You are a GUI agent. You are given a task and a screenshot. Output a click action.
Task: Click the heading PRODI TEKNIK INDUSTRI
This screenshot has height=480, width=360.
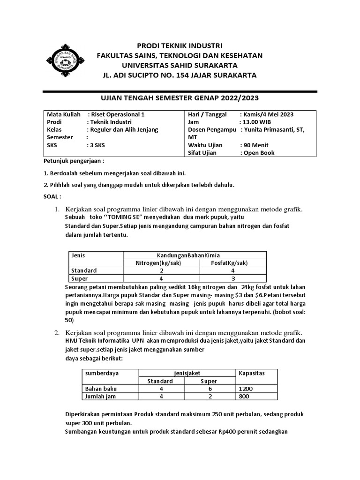(180, 45)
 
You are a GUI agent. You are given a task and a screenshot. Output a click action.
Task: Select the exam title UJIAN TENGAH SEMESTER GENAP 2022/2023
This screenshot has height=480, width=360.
(180, 98)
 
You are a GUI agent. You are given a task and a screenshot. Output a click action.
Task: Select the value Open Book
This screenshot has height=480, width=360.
(257, 153)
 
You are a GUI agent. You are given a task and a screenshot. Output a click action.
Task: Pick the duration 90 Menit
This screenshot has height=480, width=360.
(256, 145)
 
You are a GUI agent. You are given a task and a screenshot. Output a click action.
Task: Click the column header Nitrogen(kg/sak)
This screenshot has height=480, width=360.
(161, 263)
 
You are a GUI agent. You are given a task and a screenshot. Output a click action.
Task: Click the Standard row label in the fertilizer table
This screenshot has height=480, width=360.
(84, 270)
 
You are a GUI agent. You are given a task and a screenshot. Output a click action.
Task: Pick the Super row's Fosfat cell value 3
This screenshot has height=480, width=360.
(233, 278)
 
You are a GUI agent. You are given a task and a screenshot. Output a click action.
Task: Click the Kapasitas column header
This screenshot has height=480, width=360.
(252, 373)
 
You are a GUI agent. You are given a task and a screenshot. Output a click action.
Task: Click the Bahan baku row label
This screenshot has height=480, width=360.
(101, 389)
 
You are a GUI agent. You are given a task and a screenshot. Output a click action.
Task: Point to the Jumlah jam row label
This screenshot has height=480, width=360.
(101, 396)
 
